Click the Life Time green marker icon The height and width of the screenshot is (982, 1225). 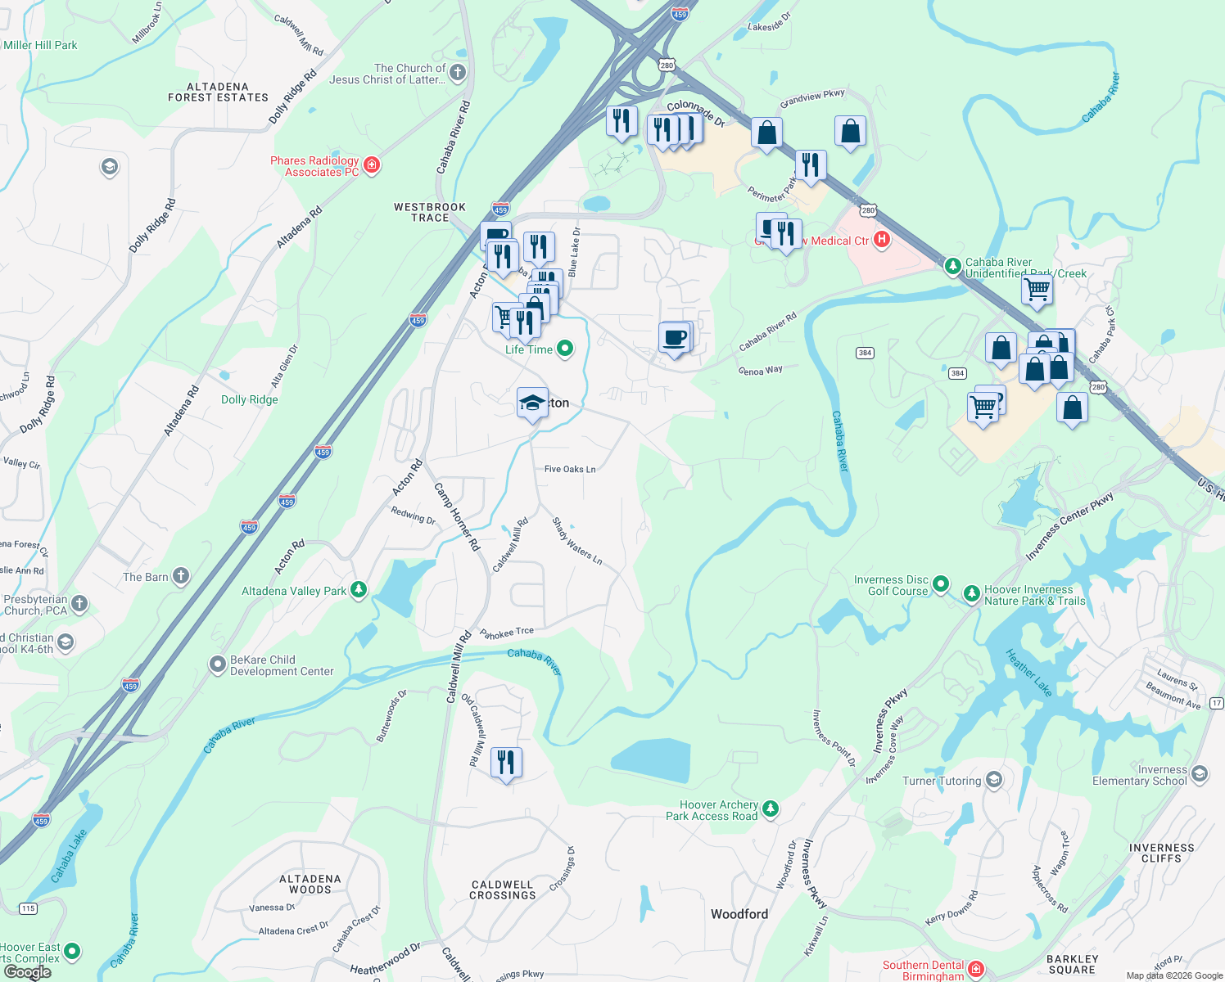pos(565,349)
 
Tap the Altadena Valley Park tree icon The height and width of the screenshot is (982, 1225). pos(359,590)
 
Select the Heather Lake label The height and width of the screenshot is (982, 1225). pos(1028,673)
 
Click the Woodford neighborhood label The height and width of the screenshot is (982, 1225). pos(739,914)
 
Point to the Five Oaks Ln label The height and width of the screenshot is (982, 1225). pos(570,469)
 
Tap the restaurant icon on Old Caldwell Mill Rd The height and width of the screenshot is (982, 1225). pos(506,763)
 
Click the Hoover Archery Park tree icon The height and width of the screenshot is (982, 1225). pos(770,810)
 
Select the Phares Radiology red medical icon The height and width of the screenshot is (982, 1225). pos(372,166)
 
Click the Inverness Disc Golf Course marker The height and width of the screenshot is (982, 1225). pos(941,584)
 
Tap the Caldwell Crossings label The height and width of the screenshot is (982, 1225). pos(503,890)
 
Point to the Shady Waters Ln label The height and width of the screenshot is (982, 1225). pos(577,541)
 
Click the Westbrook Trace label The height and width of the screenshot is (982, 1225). pos(430,212)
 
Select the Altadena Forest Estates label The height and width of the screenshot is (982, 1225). pos(218,92)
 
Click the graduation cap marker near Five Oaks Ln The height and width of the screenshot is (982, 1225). pos(532,403)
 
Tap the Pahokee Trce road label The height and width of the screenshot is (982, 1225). pos(507,633)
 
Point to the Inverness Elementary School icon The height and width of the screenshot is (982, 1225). pos(1200,774)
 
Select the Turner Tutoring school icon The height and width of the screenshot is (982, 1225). pos(994,780)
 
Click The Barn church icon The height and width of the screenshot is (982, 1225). pos(181,577)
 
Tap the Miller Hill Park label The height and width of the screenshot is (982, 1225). pos(40,45)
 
